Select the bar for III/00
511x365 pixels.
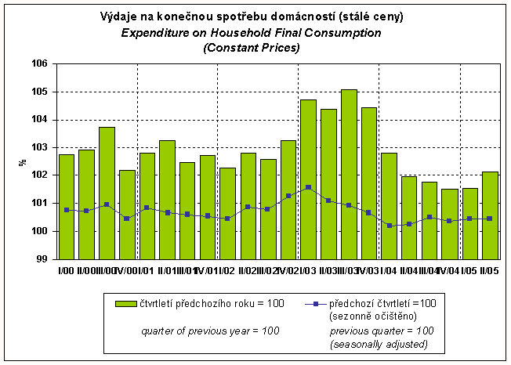(x=107, y=193)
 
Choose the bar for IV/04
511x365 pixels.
(x=450, y=223)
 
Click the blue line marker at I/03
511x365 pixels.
(x=308, y=187)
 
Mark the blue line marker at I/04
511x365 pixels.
(x=389, y=226)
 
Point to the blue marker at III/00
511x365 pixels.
(x=107, y=204)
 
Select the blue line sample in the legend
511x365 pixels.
(x=313, y=303)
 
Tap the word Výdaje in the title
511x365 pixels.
(x=120, y=17)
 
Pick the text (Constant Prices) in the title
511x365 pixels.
(x=252, y=48)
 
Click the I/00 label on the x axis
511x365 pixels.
(x=66, y=270)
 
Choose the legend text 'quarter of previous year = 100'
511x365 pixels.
(x=210, y=331)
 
